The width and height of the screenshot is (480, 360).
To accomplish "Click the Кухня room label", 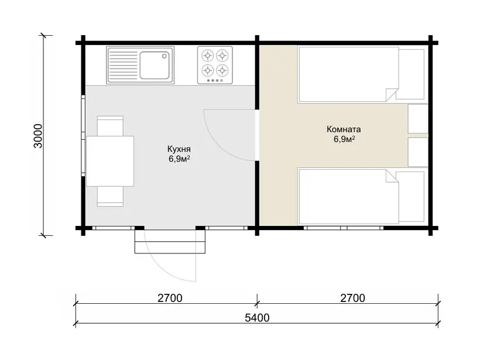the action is (179, 149).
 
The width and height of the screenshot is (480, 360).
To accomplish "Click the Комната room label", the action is (344, 129).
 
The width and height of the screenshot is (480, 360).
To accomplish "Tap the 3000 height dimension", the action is (38, 136).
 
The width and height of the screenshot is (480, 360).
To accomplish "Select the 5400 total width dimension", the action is (257, 318).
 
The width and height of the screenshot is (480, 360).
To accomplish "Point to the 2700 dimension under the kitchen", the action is (170, 298).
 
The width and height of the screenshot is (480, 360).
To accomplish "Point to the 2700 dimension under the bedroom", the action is (352, 298).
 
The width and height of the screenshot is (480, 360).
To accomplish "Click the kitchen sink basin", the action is (155, 65).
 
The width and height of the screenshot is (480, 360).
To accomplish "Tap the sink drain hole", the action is (164, 56).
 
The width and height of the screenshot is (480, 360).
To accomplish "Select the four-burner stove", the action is (215, 65).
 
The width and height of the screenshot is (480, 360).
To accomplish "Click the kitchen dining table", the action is (110, 161).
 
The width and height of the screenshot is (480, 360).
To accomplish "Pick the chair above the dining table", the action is (110, 126).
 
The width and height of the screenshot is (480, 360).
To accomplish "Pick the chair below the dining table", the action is (110, 196).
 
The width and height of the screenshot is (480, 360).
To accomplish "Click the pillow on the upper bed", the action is (411, 74).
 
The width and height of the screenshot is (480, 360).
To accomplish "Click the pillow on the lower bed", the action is (411, 197).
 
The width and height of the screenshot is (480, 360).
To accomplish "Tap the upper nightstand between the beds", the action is (418, 118).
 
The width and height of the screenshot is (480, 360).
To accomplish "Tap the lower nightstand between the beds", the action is (418, 152).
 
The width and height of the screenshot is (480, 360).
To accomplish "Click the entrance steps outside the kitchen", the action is (170, 242).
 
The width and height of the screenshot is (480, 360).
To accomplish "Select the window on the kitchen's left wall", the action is (83, 136).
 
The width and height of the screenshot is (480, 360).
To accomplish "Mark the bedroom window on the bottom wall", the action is (344, 228).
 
